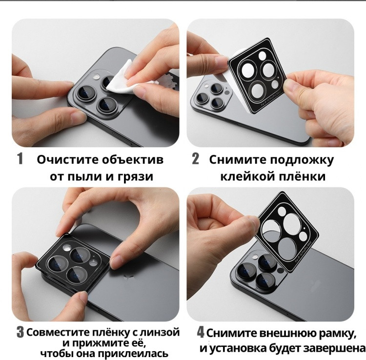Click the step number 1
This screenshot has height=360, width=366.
tap(20, 159)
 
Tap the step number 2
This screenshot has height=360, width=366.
tap(195, 159)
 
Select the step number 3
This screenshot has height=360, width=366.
tap(20, 333)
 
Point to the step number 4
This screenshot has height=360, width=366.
tap(201, 332)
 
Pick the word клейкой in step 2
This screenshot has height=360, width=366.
tap(247, 176)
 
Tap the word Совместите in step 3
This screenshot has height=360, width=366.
tap(59, 333)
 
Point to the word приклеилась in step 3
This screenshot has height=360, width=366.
tap(133, 354)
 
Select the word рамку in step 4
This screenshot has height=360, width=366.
tap(338, 334)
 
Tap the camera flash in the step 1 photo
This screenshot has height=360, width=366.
tap(96, 77)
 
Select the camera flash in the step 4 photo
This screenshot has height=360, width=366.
tap(255, 257)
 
